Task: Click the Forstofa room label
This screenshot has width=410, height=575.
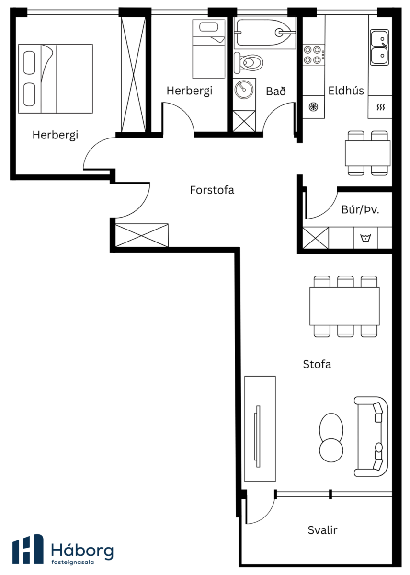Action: (212, 190)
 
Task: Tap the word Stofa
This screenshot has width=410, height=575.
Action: (317, 364)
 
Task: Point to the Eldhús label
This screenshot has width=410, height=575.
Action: (346, 91)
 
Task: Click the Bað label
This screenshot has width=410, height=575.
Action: (276, 91)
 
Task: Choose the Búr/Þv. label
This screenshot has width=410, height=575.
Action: (360, 210)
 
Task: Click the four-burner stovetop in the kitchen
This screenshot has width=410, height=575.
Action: (314, 55)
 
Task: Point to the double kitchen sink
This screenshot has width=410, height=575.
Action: (379, 47)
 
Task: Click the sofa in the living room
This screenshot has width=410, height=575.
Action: (371, 437)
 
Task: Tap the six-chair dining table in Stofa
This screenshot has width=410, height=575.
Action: (344, 307)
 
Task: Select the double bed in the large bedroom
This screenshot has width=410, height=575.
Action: (56, 79)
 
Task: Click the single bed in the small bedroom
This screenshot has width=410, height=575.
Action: (209, 49)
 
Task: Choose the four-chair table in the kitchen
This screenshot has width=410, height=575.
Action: (367, 153)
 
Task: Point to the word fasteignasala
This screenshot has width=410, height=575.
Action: (73, 562)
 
